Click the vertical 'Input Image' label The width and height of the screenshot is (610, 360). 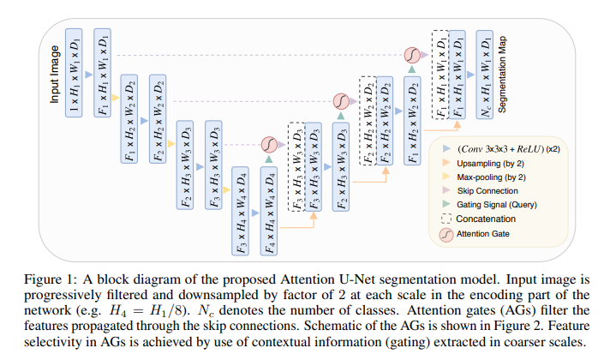[x=55, y=74]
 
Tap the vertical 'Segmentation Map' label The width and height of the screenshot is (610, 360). [x=502, y=75]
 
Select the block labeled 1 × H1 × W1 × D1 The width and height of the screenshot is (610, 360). [x=74, y=73]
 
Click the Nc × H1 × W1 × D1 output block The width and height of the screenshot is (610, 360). [x=485, y=75]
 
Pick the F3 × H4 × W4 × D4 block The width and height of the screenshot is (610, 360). [x=241, y=211]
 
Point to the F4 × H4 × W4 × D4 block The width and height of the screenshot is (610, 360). [x=269, y=211]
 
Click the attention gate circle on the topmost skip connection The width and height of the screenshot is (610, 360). [x=412, y=55]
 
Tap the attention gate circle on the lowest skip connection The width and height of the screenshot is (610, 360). [x=269, y=145]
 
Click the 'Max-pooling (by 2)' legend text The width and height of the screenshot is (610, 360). [x=491, y=177]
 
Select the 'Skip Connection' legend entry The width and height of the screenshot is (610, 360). [x=487, y=191]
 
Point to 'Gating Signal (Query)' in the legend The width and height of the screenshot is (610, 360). [x=496, y=205]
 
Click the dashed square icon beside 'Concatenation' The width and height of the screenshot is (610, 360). [x=446, y=219]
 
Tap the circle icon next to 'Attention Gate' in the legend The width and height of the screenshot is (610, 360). [x=446, y=234]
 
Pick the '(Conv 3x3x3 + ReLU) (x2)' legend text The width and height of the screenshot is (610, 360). [x=509, y=149]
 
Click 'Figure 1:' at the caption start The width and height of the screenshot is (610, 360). [x=51, y=279]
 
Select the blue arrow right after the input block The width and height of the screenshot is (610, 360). [x=89, y=75]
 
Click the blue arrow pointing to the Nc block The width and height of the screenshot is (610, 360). [x=470, y=75]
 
